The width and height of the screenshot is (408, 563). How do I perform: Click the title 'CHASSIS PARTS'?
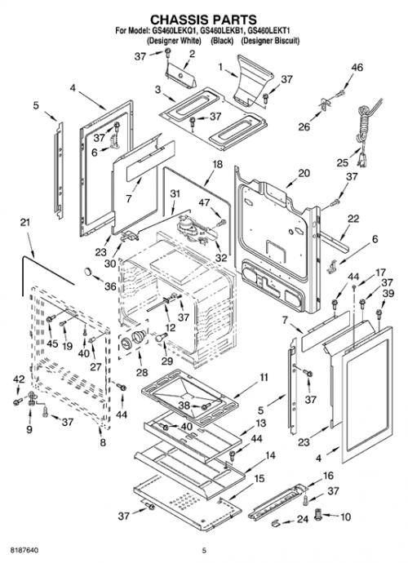pos(203,20)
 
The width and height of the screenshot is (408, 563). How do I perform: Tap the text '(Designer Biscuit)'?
pos(270,41)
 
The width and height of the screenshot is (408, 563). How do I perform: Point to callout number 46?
pos(357,68)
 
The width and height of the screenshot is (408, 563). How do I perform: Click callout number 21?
pos(24,223)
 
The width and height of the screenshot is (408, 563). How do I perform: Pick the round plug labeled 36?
pos(88,271)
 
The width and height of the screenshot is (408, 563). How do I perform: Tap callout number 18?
pos(218,165)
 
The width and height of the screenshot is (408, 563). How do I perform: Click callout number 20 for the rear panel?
pos(304,173)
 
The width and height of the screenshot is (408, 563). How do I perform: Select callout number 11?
pos(264,377)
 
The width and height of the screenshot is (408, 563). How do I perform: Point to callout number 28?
pos(141,372)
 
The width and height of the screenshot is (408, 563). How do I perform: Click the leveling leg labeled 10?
pos(318,515)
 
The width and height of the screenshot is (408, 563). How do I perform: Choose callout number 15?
pos(259,479)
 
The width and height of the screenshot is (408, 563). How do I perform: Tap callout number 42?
pos(19,379)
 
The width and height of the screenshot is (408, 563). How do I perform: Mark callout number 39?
pos(388,294)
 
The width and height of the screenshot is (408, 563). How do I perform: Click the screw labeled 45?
pos(51,318)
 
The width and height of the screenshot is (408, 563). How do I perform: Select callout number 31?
pos(175,194)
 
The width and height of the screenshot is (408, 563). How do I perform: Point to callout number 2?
pos(192,54)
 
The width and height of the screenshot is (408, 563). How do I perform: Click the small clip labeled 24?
pos(275,521)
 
